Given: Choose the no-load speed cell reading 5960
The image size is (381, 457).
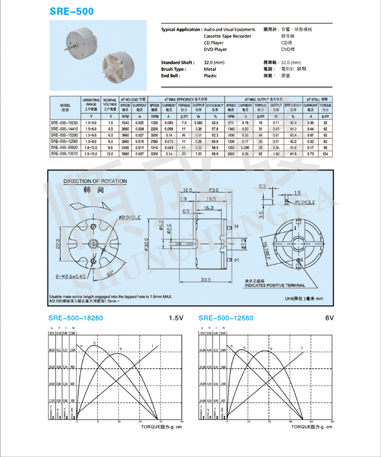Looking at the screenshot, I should [126, 154].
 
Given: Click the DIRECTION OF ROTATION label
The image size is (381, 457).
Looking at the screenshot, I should [92, 182].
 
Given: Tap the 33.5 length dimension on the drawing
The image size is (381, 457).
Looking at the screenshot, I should [205, 279].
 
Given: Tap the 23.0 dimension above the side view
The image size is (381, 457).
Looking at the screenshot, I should [214, 190].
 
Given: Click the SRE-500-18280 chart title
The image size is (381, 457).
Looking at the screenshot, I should [76, 318].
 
